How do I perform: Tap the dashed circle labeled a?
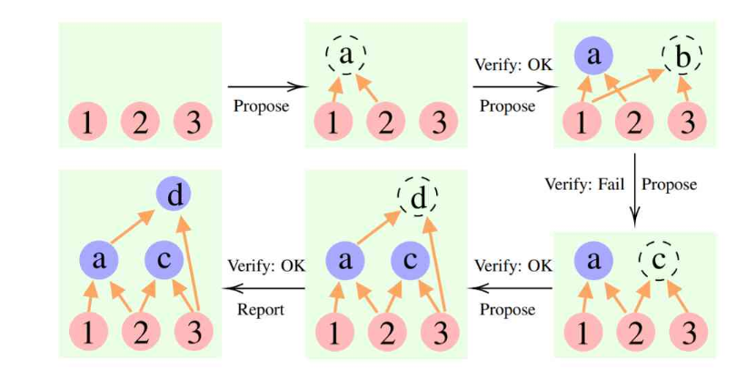[345, 56]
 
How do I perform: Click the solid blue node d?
[172, 194]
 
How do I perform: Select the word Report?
[261, 309]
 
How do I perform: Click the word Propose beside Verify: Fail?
[670, 184]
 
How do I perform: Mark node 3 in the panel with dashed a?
[439, 123]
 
